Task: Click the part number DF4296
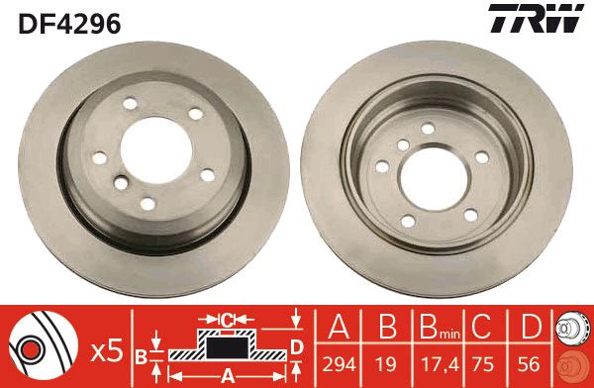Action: pos(69,24)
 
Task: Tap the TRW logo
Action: pos(536,18)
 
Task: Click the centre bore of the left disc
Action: pos(156,150)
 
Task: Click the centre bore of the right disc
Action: pos(435,179)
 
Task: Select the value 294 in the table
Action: pos(339,364)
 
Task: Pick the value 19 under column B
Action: pos(386,364)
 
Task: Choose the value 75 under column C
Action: pos(483,364)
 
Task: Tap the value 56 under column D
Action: pos(529,364)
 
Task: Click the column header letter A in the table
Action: pos(339,327)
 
